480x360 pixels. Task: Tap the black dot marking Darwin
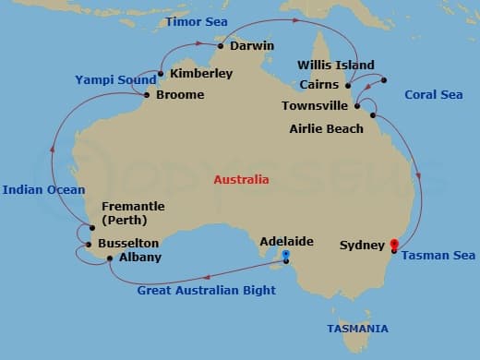click(221, 45)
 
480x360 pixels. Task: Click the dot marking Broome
click(147, 94)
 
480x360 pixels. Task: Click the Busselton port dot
click(89, 245)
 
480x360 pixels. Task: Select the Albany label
click(140, 258)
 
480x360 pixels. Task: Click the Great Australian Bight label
click(206, 291)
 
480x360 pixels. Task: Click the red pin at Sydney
click(394, 246)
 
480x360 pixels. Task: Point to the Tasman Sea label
click(438, 256)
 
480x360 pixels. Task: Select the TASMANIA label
click(357, 329)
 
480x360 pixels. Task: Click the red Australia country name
click(241, 180)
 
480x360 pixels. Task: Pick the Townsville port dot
click(357, 106)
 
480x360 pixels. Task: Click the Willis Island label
click(336, 66)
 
